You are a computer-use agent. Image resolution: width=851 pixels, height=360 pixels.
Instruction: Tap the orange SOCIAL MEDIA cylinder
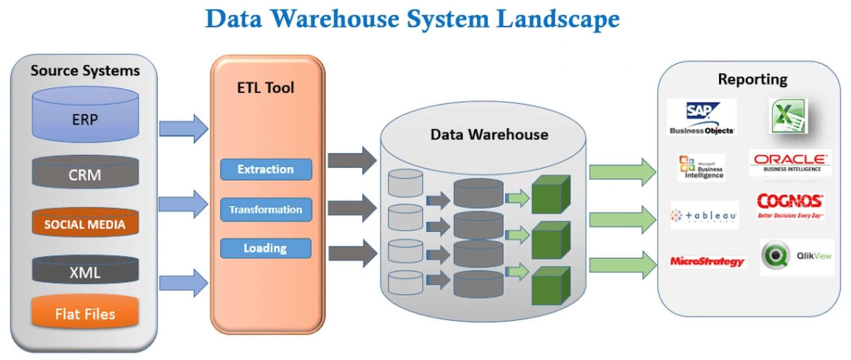coord(85,224)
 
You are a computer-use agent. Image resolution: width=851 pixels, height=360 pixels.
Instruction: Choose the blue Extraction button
coord(266,169)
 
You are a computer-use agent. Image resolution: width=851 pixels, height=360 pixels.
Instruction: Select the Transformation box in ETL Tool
coord(266,209)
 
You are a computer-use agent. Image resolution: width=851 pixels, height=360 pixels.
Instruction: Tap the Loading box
coord(266,248)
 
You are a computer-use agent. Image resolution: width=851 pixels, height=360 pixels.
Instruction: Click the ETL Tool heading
coord(265,87)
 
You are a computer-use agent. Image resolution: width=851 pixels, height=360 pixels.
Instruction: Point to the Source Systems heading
coord(85,71)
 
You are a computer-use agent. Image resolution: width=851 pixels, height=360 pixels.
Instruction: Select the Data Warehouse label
coord(489,134)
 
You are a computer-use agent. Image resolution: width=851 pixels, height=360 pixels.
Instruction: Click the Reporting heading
coord(752,79)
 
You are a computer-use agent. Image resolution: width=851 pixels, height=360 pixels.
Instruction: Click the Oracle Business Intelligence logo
coord(790,162)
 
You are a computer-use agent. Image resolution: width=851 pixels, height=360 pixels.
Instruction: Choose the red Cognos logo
coord(790,205)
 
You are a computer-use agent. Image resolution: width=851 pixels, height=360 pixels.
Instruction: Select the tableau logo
coord(704,216)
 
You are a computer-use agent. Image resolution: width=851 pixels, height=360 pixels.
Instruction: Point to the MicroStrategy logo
coord(707,261)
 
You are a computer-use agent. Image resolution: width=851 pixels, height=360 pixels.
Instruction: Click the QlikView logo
coord(797,256)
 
